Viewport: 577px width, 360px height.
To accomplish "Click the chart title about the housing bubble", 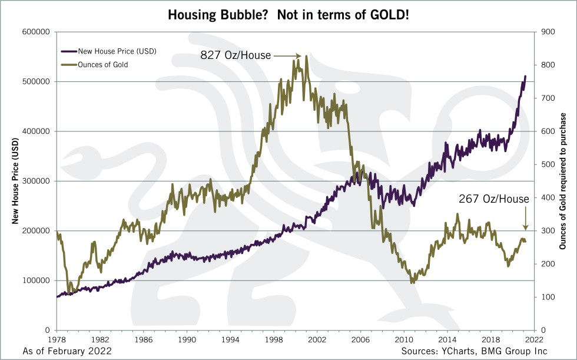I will coord(288,14).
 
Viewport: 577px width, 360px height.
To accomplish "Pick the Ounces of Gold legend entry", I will coord(103,65).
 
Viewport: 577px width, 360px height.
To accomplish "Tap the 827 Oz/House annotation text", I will coord(236,56).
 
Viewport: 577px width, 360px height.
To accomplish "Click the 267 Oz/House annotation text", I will coord(494,199).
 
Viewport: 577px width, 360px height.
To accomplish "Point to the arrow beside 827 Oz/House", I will coord(288,57).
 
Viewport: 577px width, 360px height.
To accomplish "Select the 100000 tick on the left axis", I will coord(35,280).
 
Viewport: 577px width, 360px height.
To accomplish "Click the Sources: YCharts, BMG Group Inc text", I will coord(475,351).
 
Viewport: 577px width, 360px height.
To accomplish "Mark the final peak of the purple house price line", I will coord(525,76).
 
